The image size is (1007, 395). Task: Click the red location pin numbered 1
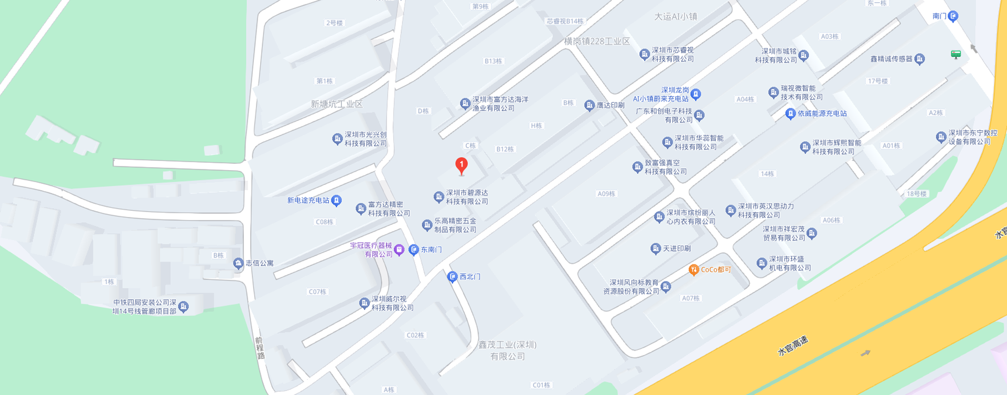[x=462, y=165]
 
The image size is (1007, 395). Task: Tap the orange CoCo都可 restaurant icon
[x=693, y=270]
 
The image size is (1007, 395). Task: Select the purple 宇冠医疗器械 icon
[x=399, y=250]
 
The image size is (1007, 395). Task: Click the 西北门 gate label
[x=469, y=277]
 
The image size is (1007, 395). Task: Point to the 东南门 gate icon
[x=414, y=250]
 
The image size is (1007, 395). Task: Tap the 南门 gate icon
[x=953, y=16]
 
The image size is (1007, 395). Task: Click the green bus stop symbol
[x=956, y=54]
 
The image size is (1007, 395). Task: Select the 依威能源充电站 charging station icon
[x=790, y=113]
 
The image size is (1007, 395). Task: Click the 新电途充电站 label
[x=308, y=201]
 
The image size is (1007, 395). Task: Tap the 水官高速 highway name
[x=792, y=346]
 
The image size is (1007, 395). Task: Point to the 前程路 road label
[x=260, y=348]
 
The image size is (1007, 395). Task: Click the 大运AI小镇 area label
[x=676, y=17]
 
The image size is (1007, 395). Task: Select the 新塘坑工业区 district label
[x=336, y=104]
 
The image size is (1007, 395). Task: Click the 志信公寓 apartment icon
[x=238, y=263]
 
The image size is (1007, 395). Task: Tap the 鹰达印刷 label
[x=610, y=106]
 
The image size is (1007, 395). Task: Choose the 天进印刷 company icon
[x=655, y=248]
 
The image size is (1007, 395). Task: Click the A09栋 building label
[x=606, y=194]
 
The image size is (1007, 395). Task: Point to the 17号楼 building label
[x=877, y=81]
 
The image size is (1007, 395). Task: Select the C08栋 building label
[x=324, y=222]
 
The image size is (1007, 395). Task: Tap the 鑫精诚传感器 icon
[x=919, y=59]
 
